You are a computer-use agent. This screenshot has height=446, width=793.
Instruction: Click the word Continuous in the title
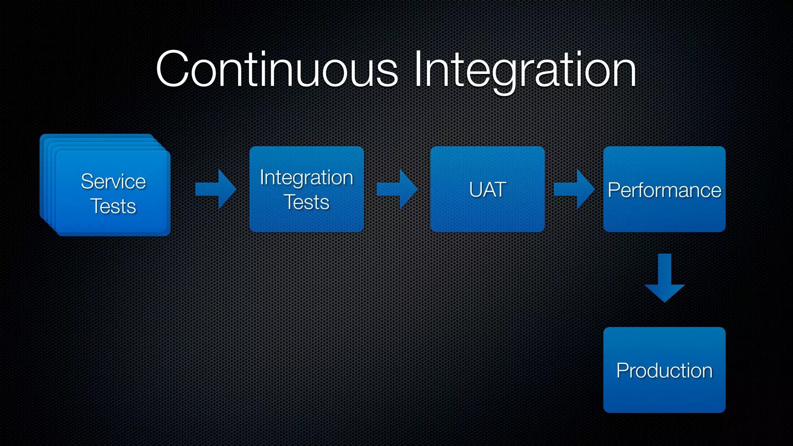[x=276, y=70]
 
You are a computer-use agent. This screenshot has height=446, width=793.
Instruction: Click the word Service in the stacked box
[x=113, y=181]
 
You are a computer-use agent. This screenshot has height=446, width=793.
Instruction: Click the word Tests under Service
[x=113, y=206]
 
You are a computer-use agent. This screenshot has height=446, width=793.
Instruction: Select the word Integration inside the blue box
[x=306, y=177]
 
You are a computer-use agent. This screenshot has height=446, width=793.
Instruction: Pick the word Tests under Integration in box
[x=306, y=202]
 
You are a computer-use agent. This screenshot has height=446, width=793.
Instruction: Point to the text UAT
[x=487, y=190]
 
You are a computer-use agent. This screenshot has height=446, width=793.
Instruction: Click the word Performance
[x=664, y=190]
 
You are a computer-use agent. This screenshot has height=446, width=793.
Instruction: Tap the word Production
[x=664, y=371]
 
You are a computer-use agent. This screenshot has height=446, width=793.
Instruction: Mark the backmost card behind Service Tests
[x=42, y=174]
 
